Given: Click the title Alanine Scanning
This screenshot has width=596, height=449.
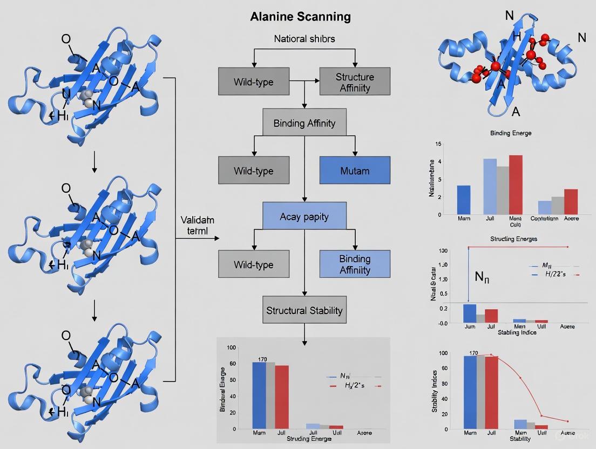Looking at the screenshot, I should coord(300,17).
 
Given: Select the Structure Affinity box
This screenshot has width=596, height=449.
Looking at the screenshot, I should coord(354,82).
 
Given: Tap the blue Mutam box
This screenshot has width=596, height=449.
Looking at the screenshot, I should coord(354,171).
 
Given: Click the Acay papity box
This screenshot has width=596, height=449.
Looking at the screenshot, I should coord(304,217).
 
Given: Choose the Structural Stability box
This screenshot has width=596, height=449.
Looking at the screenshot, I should coord(304,310).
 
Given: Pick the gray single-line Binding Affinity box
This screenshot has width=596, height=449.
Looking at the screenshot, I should coord(304,123).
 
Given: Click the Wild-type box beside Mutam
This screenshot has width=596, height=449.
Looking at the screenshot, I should coord(253,171).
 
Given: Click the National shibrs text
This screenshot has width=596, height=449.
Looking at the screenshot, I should coord(304,39).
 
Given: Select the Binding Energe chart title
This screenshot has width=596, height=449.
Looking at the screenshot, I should coord(510,133).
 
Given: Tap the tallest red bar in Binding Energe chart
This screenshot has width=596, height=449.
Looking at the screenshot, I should coord(516,185).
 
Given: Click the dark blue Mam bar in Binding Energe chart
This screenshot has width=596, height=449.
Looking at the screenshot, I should coord(464,200).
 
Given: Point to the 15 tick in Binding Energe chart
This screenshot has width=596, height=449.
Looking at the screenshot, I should coord(438,144).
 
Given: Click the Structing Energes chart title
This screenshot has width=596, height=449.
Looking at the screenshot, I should coord(513,238).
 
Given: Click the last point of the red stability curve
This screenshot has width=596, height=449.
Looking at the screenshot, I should coord(567,421).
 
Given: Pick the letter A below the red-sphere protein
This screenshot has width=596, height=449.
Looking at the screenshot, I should coord(516,112).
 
